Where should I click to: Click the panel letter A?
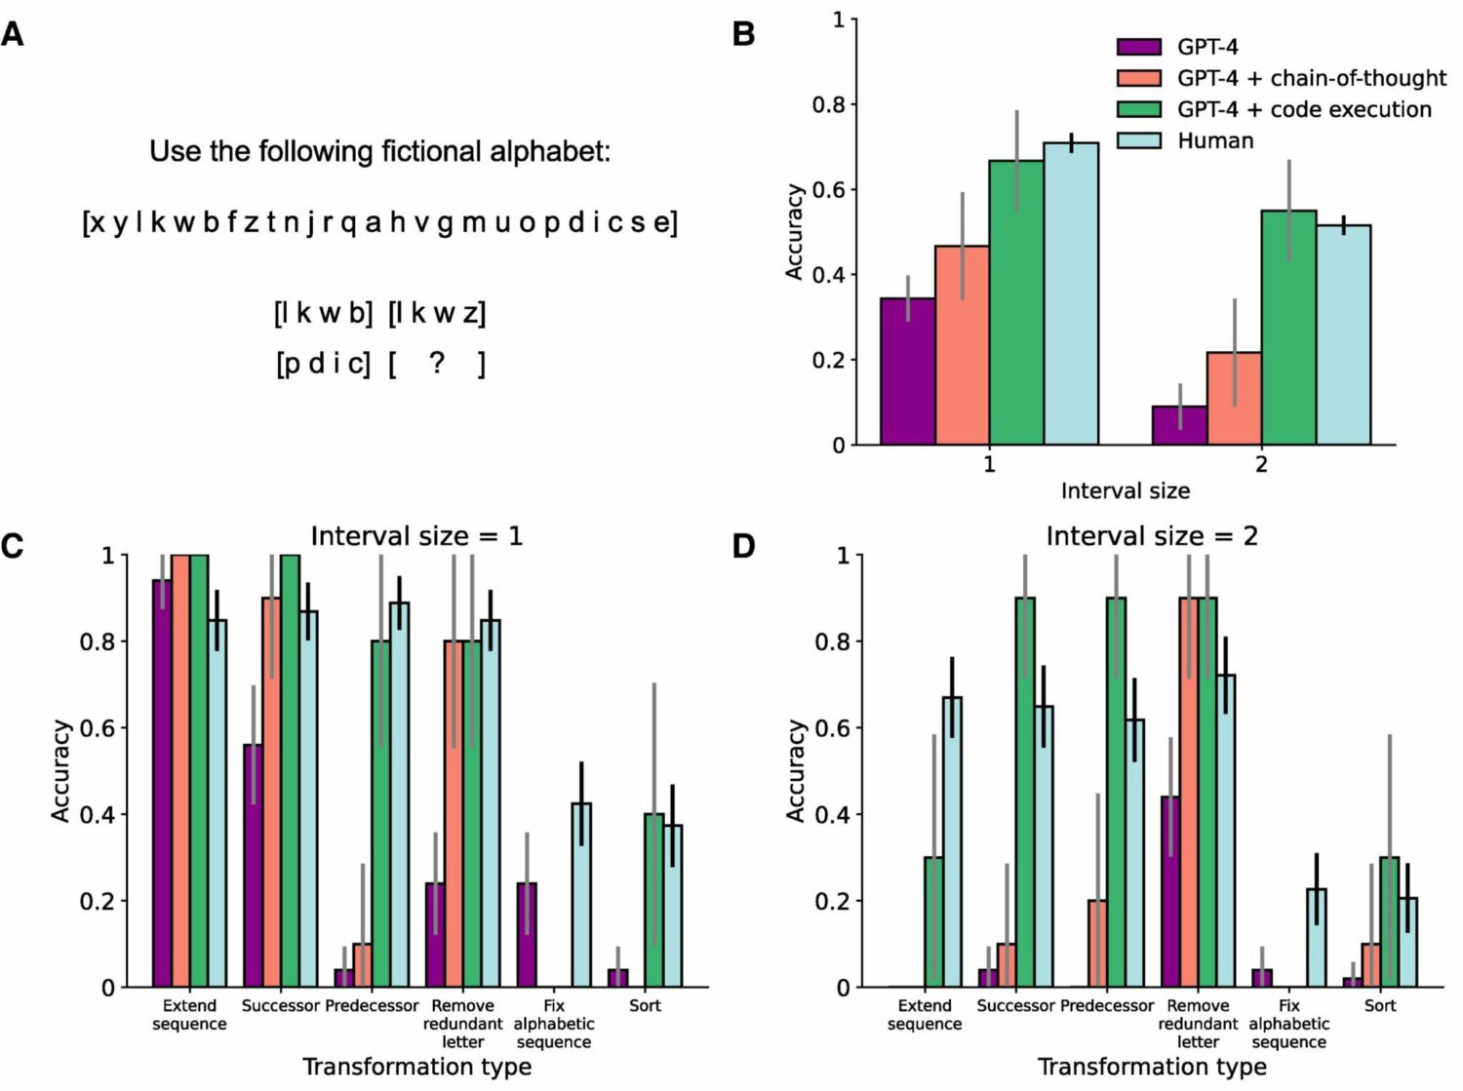(x=13, y=34)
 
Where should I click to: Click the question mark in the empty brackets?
(x=437, y=363)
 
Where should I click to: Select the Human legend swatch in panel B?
(x=1138, y=140)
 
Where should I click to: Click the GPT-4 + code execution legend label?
(x=1304, y=109)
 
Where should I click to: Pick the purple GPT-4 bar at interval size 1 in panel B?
(x=907, y=371)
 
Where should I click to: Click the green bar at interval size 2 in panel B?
(x=1288, y=328)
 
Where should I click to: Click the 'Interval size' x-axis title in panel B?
(x=1125, y=490)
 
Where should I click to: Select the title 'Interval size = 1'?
(x=416, y=536)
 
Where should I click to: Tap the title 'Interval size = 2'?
(x=1152, y=536)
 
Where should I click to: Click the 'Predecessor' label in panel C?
(x=372, y=1005)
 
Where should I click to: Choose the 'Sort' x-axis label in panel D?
(x=1380, y=1005)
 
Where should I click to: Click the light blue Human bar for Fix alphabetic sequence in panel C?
(x=581, y=895)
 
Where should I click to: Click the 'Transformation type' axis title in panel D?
(x=1152, y=1067)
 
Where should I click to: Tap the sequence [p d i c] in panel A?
(x=324, y=364)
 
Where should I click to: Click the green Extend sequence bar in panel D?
(x=933, y=922)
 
